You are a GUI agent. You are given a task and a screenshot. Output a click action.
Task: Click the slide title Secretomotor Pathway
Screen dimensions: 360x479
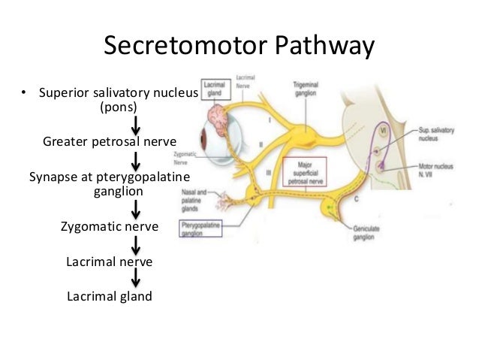tap(239, 47)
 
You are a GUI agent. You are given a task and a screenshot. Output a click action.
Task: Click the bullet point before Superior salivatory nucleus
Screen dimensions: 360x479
tap(23, 94)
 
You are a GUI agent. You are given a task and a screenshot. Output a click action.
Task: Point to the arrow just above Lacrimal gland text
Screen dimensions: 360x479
tap(136, 278)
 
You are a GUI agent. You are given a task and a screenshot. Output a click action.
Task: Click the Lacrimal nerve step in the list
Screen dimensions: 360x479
tap(110, 262)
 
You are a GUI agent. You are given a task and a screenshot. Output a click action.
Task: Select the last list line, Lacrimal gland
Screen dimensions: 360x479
tap(110, 296)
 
